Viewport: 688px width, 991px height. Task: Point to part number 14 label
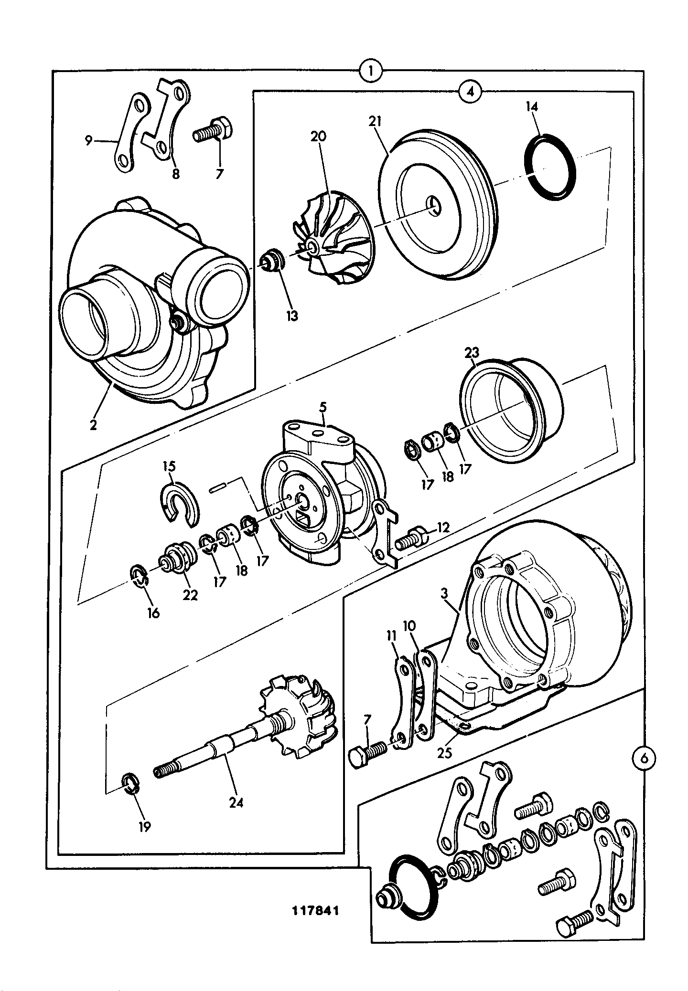click(532, 106)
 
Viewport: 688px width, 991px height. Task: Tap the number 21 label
click(375, 121)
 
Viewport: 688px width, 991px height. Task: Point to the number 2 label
click(93, 424)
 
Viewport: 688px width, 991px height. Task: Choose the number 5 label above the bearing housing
click(323, 407)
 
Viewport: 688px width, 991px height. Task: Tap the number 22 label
click(190, 595)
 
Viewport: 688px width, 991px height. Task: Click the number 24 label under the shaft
click(236, 802)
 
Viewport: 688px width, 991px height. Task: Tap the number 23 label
click(472, 354)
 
